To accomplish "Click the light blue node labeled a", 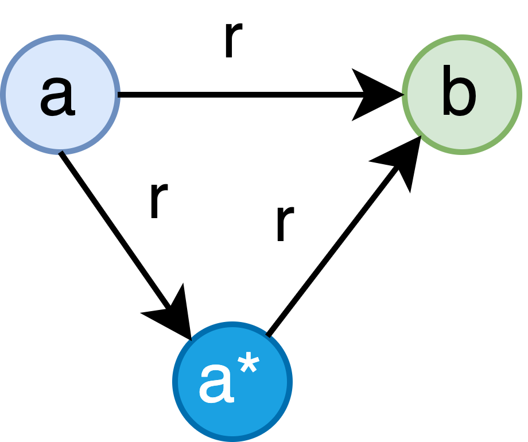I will (60, 95).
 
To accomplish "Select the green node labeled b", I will (462, 95).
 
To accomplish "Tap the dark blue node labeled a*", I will (232, 382).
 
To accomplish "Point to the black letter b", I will (459, 92).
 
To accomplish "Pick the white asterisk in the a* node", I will (249, 367).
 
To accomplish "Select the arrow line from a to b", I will (230, 95).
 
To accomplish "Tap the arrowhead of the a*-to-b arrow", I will (402, 161).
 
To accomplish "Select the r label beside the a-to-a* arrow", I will (158, 201).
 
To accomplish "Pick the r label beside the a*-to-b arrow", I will (284, 224).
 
